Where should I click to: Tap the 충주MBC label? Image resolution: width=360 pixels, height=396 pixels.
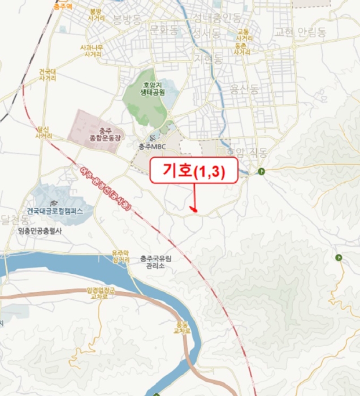pyautogui.click(x=149, y=146)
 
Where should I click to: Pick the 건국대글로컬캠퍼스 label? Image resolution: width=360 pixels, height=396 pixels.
pyautogui.click(x=55, y=210)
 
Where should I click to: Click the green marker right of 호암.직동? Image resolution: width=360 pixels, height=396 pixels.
pyautogui.click(x=261, y=171)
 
